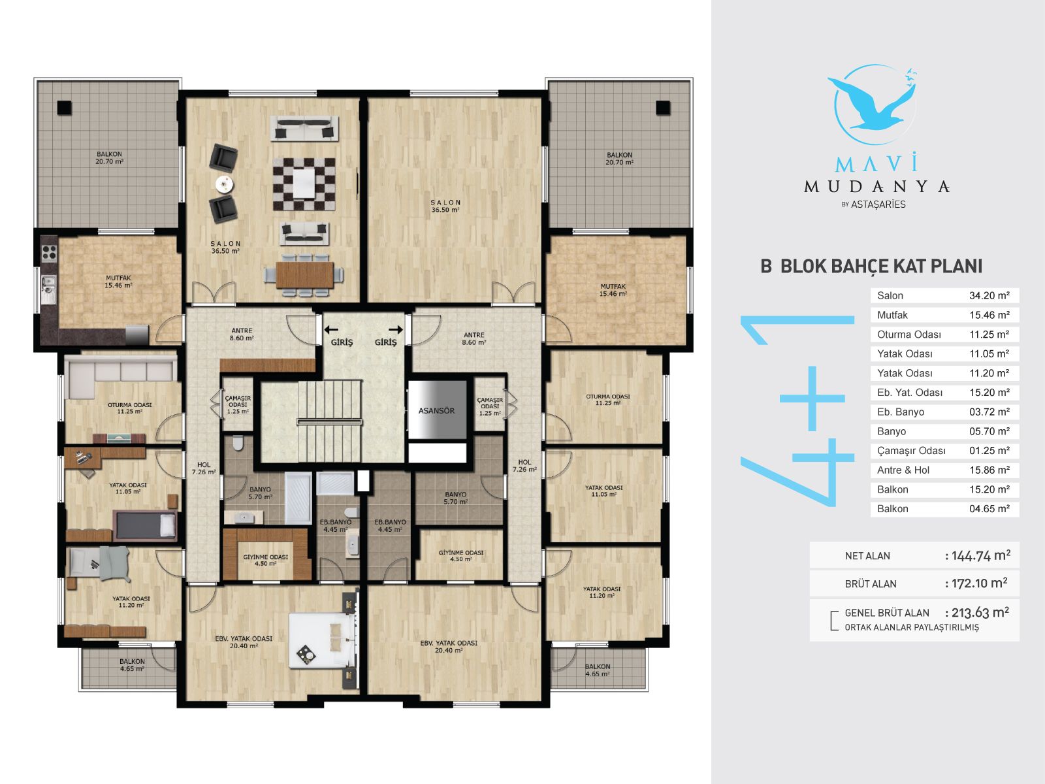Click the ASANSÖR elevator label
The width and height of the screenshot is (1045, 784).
pyautogui.click(x=436, y=411)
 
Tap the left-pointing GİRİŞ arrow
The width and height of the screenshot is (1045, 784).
pyautogui.click(x=331, y=329)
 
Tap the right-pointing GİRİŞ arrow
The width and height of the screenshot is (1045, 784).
pyautogui.click(x=396, y=329)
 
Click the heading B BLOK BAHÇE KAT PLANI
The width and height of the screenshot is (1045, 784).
pyautogui.click(x=871, y=266)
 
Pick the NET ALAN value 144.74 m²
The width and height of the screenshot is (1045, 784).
pyautogui.click(x=980, y=555)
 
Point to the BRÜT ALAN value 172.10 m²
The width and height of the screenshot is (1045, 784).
pyautogui.click(x=979, y=583)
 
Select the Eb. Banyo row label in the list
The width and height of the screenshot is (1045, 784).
pyautogui.click(x=901, y=412)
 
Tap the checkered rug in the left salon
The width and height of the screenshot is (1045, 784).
pyautogui.click(x=304, y=184)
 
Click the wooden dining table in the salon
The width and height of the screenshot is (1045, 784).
pyautogui.click(x=304, y=274)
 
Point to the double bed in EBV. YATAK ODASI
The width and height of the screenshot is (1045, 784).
pyautogui.click(x=323, y=640)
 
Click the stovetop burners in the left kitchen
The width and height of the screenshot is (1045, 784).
pyautogui.click(x=49, y=253)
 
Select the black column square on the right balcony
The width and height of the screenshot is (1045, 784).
pyautogui.click(x=663, y=108)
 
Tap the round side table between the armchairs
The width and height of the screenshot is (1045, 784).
pyautogui.click(x=224, y=184)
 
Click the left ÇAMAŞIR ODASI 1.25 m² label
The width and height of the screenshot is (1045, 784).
pyautogui.click(x=238, y=404)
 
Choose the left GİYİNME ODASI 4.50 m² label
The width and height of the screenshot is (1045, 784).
pyautogui.click(x=266, y=561)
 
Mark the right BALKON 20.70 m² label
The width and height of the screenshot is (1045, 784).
pyautogui.click(x=619, y=159)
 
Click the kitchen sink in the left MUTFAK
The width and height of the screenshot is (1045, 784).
pyautogui.click(x=48, y=289)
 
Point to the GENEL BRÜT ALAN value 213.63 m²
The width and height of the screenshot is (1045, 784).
pyautogui.click(x=980, y=613)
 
